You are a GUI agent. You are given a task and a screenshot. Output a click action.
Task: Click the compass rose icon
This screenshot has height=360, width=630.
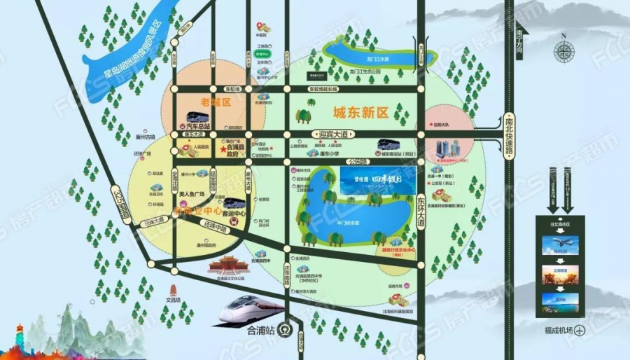(563, 50)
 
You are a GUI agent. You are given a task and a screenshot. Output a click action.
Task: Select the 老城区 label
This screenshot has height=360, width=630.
(195, 102)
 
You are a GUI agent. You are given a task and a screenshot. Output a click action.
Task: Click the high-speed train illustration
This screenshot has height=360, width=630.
(252, 309)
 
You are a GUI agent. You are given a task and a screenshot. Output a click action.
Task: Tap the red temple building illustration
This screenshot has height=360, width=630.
(228, 265)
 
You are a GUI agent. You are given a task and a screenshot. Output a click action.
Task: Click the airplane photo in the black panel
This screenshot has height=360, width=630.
(560, 245)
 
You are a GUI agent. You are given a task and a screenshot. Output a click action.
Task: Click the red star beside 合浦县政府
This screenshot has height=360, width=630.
(223, 149)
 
